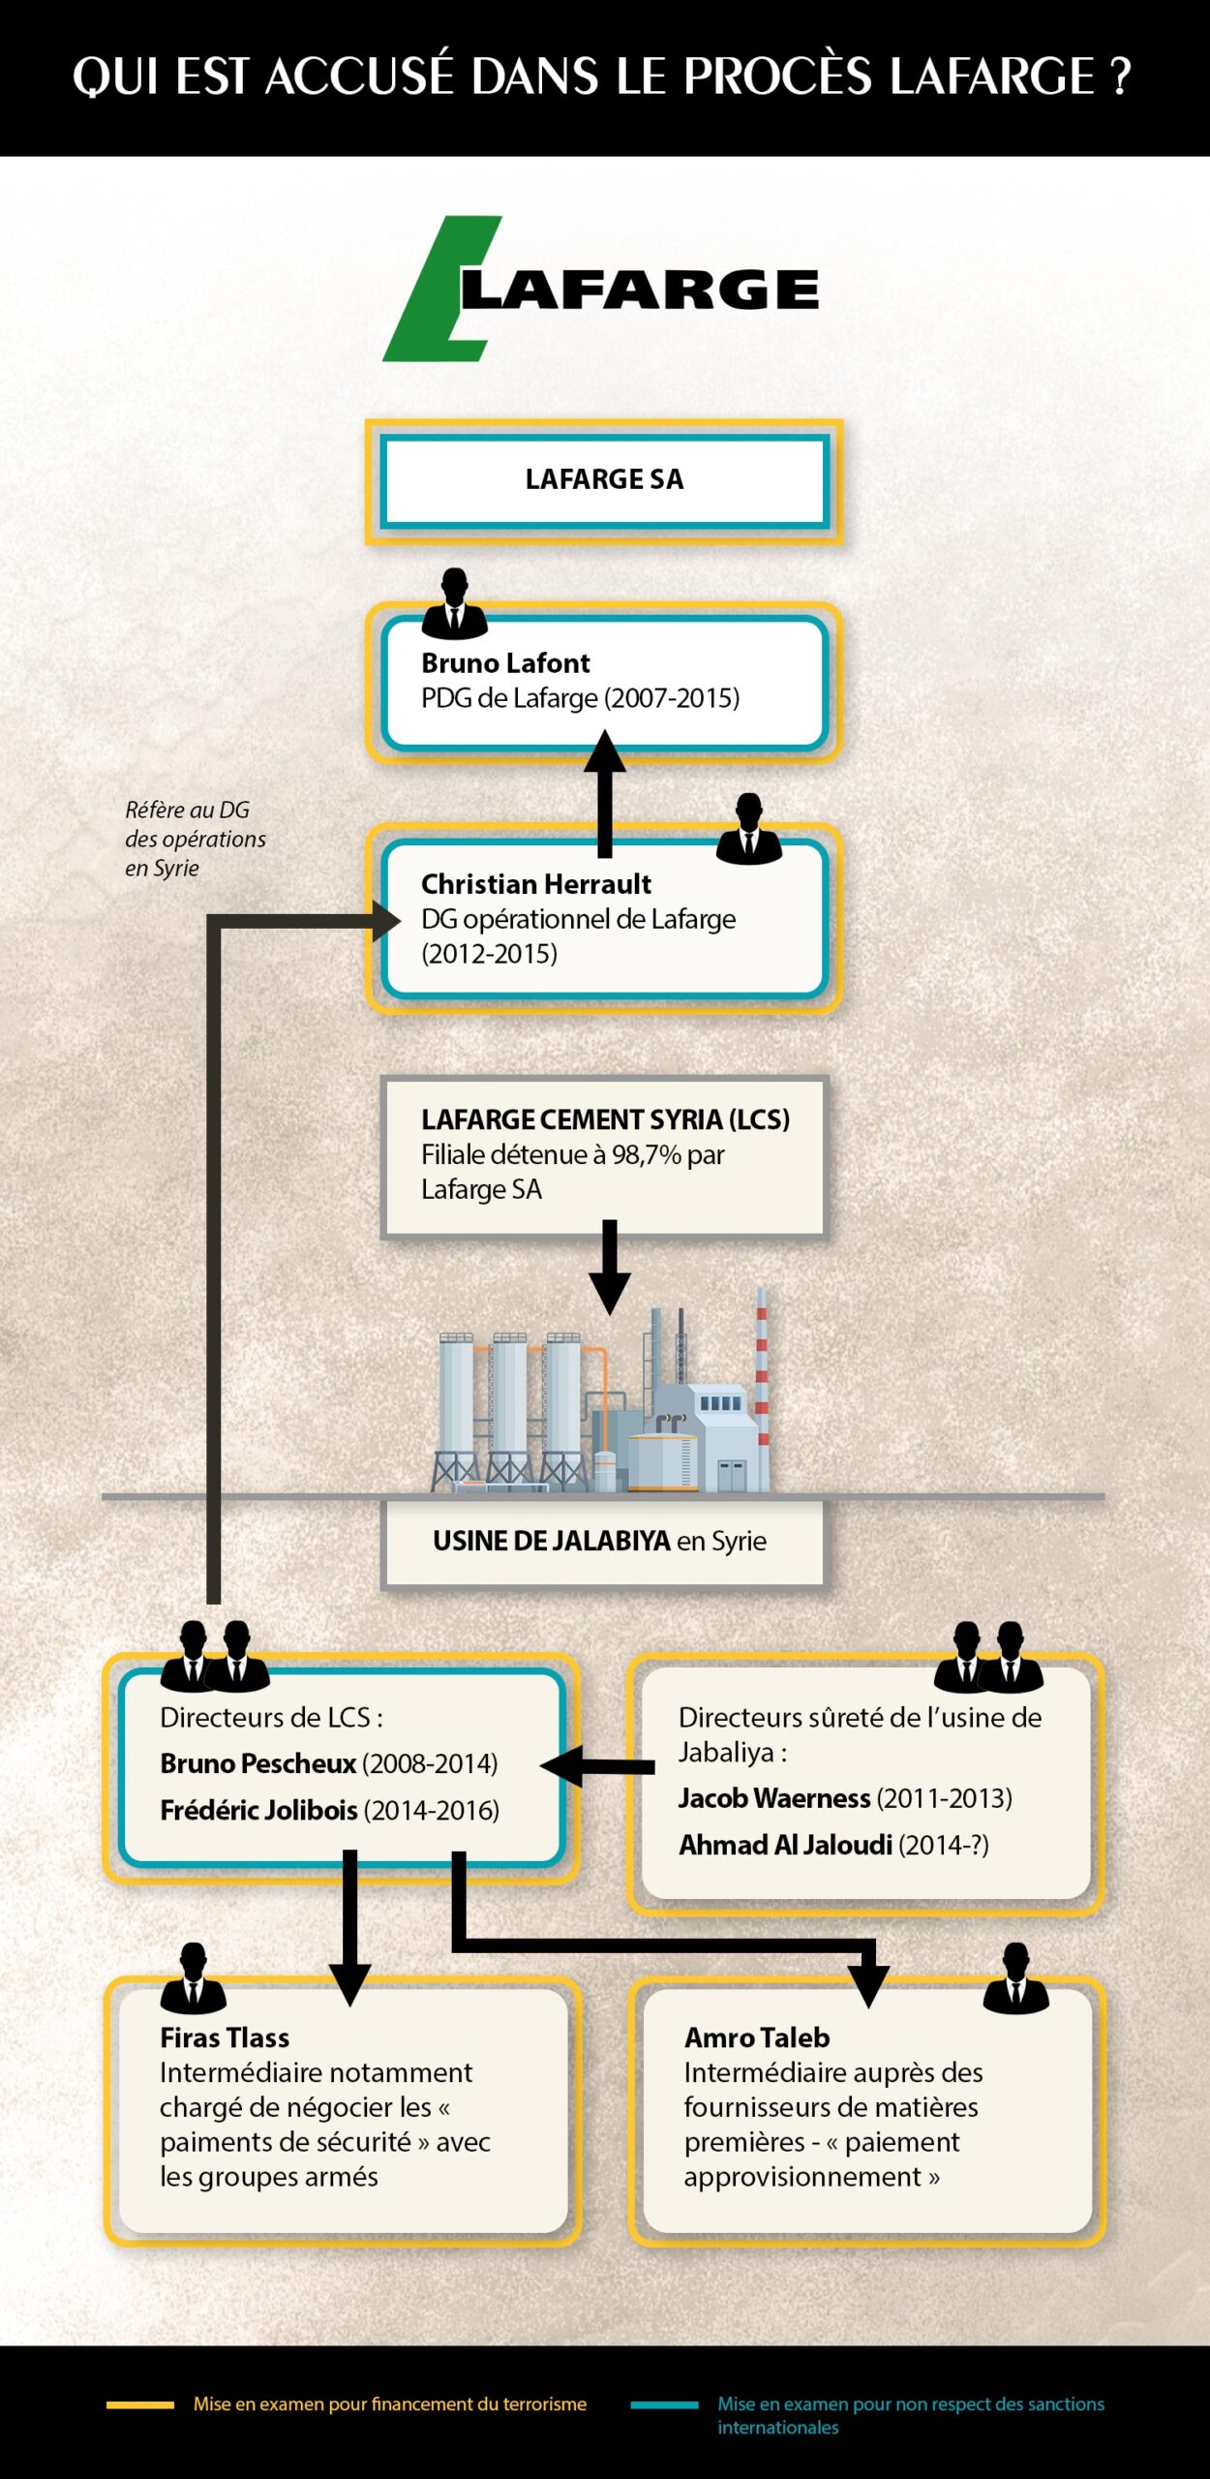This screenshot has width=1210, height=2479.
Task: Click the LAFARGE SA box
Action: pos(604,479)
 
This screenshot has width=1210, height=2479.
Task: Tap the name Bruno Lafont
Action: pos(505,663)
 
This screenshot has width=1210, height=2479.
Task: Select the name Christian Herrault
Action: pos(535,884)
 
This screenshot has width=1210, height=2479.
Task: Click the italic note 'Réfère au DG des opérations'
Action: pos(194,839)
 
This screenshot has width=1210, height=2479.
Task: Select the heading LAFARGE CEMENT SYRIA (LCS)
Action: pos(605,1119)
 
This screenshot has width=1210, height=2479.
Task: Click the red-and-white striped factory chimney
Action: pos(762,1375)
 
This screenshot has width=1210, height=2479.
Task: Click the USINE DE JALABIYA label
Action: pos(552,1541)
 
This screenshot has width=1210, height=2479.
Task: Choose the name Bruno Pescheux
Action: pos(257,1763)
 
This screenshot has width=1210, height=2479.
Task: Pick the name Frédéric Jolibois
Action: pos(258,1810)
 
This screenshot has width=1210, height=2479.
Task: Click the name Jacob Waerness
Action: pos(773,1798)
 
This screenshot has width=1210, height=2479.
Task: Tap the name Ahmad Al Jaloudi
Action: pos(785,1845)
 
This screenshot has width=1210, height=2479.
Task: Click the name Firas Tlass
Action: pos(225,2037)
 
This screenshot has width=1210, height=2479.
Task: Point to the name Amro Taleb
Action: pos(757,2037)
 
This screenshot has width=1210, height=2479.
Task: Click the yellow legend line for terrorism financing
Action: pos(140,2404)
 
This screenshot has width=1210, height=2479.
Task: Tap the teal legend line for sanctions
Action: pos(664,2404)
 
